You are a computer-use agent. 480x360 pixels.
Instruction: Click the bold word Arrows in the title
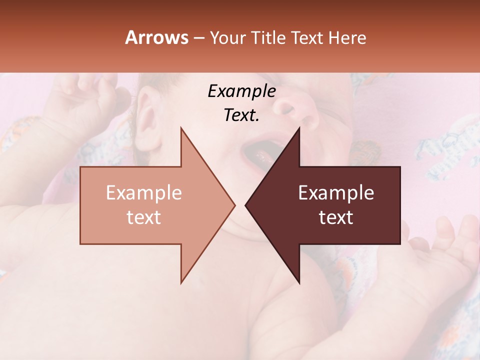tap(156, 37)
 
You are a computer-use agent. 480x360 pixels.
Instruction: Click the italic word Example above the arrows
tap(241, 91)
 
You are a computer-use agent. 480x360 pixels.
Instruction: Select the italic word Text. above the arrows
tap(241, 115)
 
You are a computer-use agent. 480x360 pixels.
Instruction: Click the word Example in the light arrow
tap(144, 193)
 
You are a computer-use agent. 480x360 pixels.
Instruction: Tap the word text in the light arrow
tap(144, 217)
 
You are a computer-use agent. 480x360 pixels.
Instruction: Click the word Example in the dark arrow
tap(336, 193)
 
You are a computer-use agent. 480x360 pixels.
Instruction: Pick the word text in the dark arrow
tap(336, 217)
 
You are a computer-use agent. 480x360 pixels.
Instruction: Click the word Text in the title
tap(306, 37)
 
